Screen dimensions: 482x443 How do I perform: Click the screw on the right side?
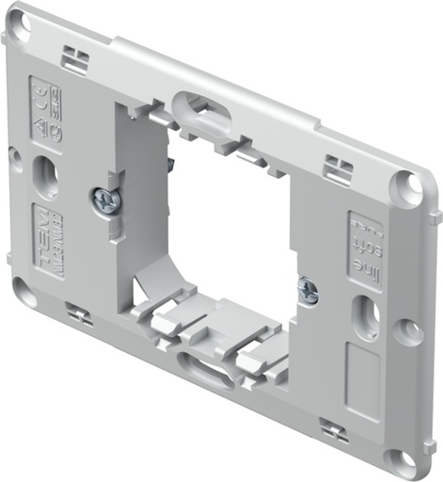(308, 291)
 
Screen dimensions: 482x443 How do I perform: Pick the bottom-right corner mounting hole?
(399, 458)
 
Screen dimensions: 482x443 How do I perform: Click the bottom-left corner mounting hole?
(24, 295)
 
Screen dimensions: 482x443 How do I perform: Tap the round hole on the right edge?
(407, 330)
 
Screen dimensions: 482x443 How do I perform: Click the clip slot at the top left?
(75, 60)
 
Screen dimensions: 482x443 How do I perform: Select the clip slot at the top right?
(338, 170)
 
